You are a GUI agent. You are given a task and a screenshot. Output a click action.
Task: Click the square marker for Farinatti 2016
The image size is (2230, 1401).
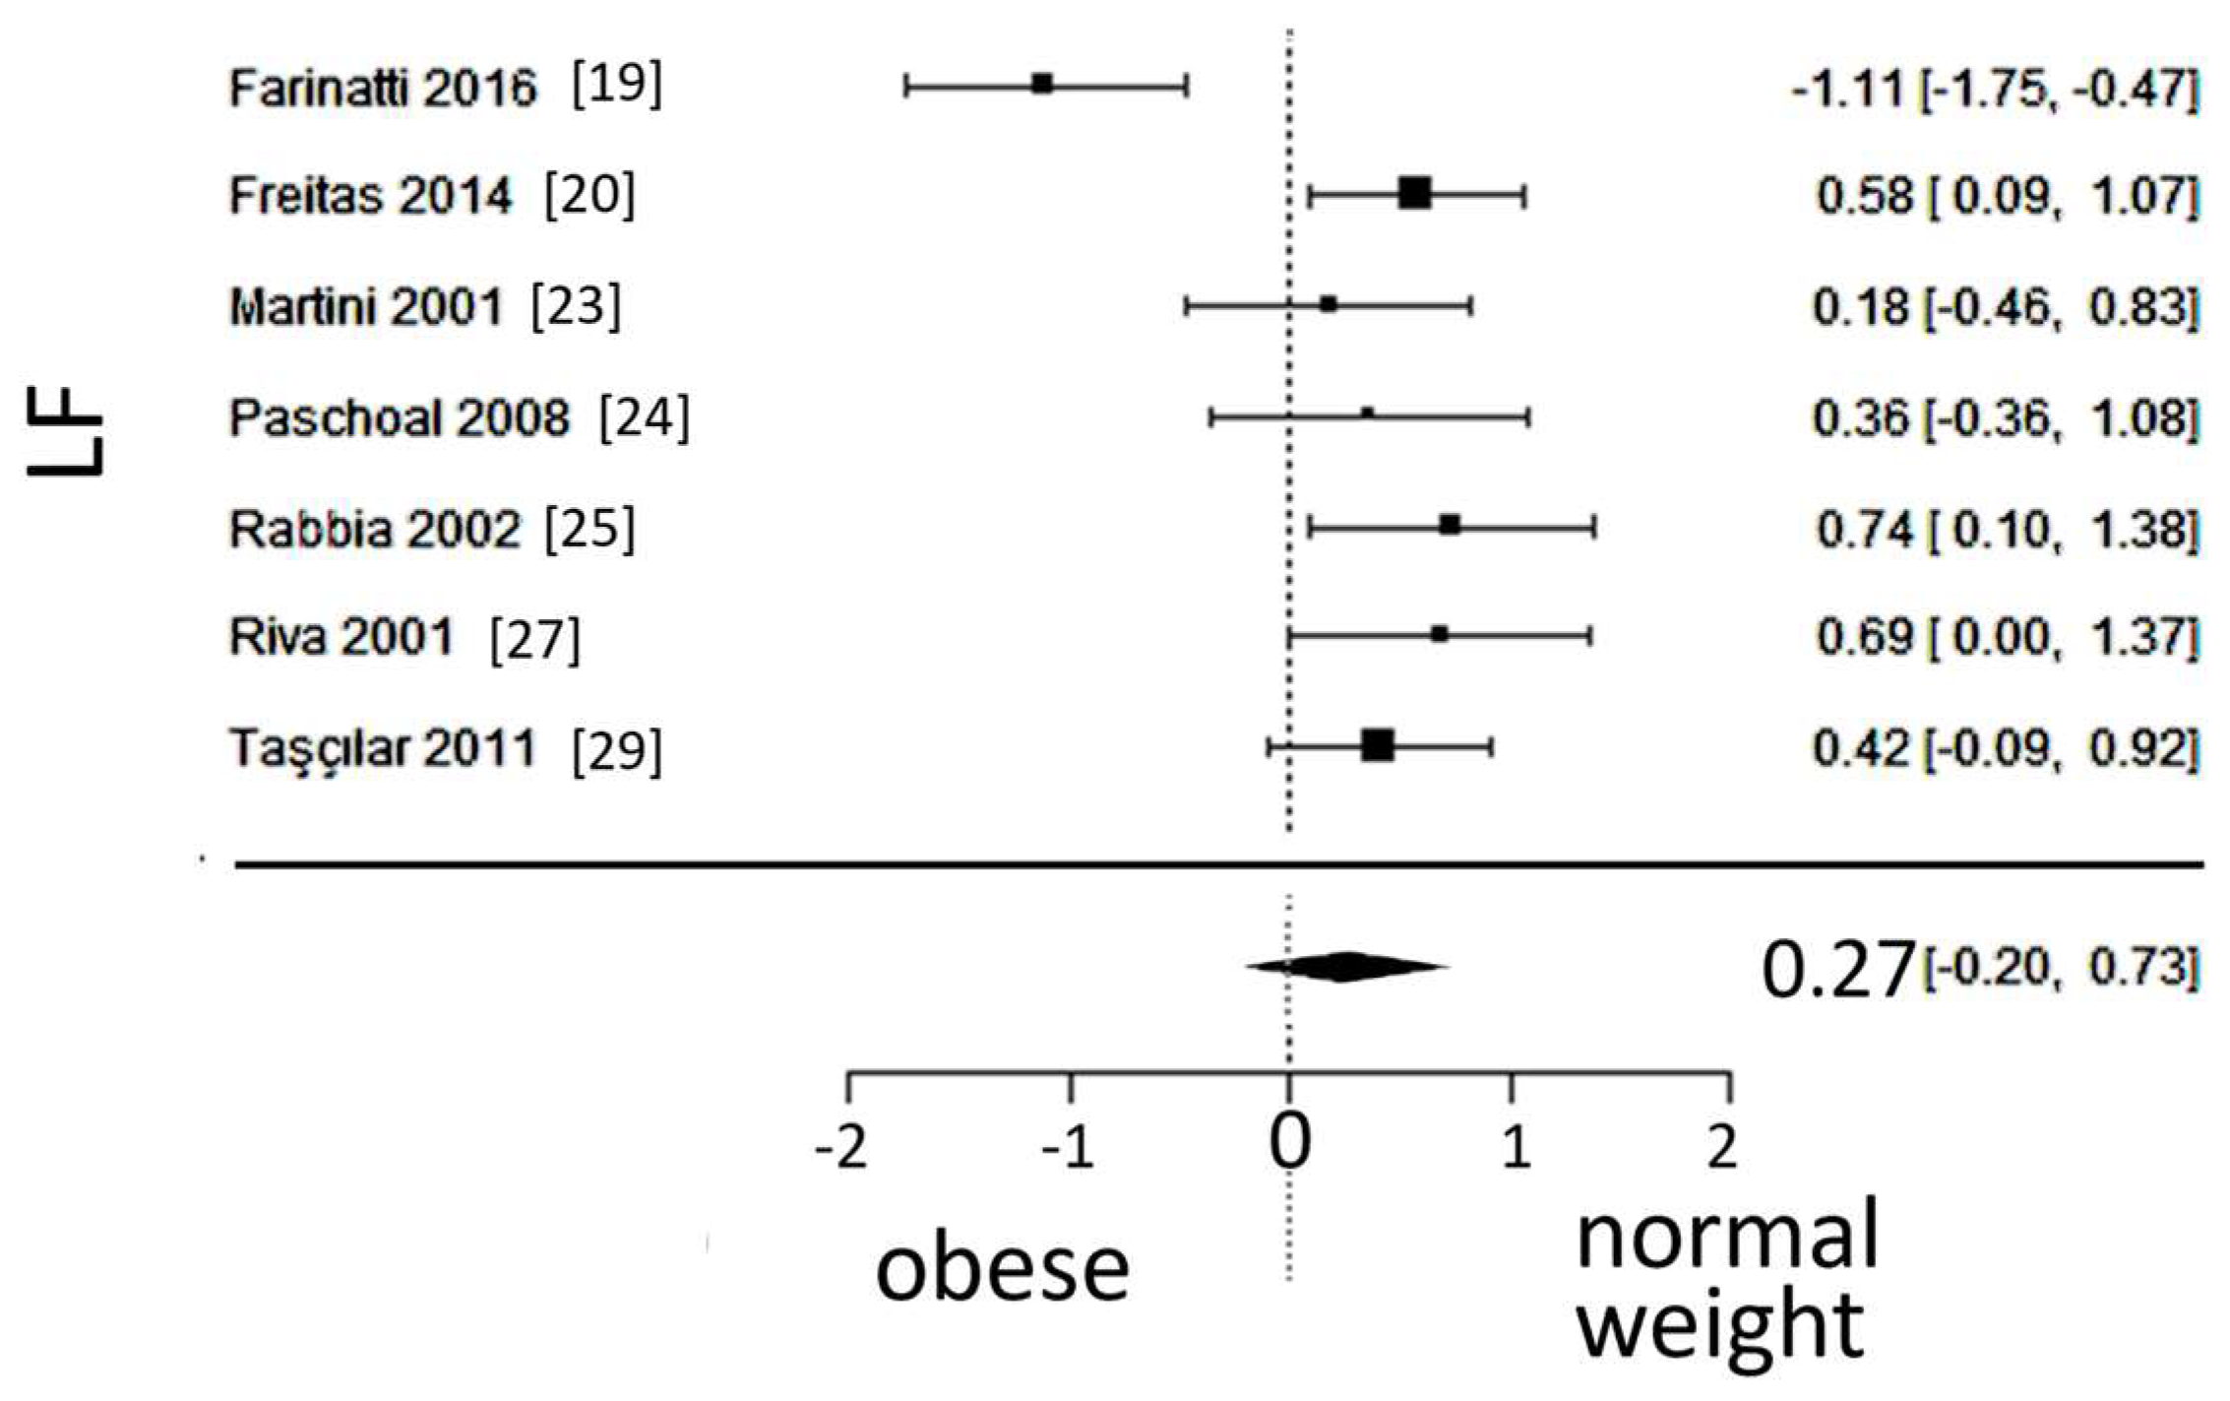point(1042,85)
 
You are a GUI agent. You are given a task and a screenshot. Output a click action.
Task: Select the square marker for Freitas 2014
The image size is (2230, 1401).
point(1414,194)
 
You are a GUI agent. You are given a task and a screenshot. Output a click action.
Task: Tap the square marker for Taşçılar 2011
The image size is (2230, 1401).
point(1378,746)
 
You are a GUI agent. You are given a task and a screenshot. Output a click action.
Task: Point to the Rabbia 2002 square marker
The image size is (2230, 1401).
point(1450,526)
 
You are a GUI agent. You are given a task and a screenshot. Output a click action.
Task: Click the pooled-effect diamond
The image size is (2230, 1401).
point(1346,967)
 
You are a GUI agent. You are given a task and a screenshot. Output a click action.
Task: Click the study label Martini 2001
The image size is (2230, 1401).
point(366,307)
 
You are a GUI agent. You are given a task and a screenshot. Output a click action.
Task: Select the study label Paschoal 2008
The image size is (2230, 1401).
point(400,418)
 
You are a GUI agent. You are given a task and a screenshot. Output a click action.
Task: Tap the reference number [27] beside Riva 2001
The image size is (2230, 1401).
point(535,640)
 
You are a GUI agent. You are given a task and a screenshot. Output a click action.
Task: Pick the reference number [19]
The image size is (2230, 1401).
point(617,86)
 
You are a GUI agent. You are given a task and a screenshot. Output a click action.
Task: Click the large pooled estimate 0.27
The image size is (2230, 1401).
point(1837,971)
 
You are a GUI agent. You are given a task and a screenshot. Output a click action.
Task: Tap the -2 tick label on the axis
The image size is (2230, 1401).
point(842,1148)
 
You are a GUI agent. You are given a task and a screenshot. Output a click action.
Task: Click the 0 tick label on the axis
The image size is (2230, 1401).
point(1289,1144)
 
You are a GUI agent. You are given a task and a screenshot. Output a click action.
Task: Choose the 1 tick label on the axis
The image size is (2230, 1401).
point(1515,1148)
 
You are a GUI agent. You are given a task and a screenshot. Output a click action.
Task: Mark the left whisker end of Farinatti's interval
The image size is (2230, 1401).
point(906,86)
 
